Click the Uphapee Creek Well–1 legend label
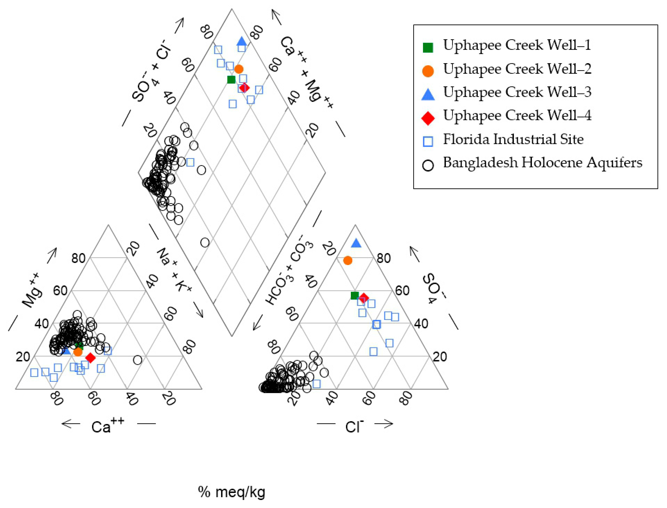tap(516, 45)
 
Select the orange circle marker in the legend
tap(428, 71)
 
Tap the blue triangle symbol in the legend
tap(428, 94)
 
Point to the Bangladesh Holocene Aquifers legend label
tap(543, 163)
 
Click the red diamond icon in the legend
tap(428, 118)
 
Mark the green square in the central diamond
tap(231, 80)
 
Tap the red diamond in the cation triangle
tap(90, 358)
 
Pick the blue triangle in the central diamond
tap(242, 41)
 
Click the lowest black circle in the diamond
tap(205, 243)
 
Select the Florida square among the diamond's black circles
tap(190, 162)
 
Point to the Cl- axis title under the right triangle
tap(354, 426)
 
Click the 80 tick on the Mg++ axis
tap(78, 259)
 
